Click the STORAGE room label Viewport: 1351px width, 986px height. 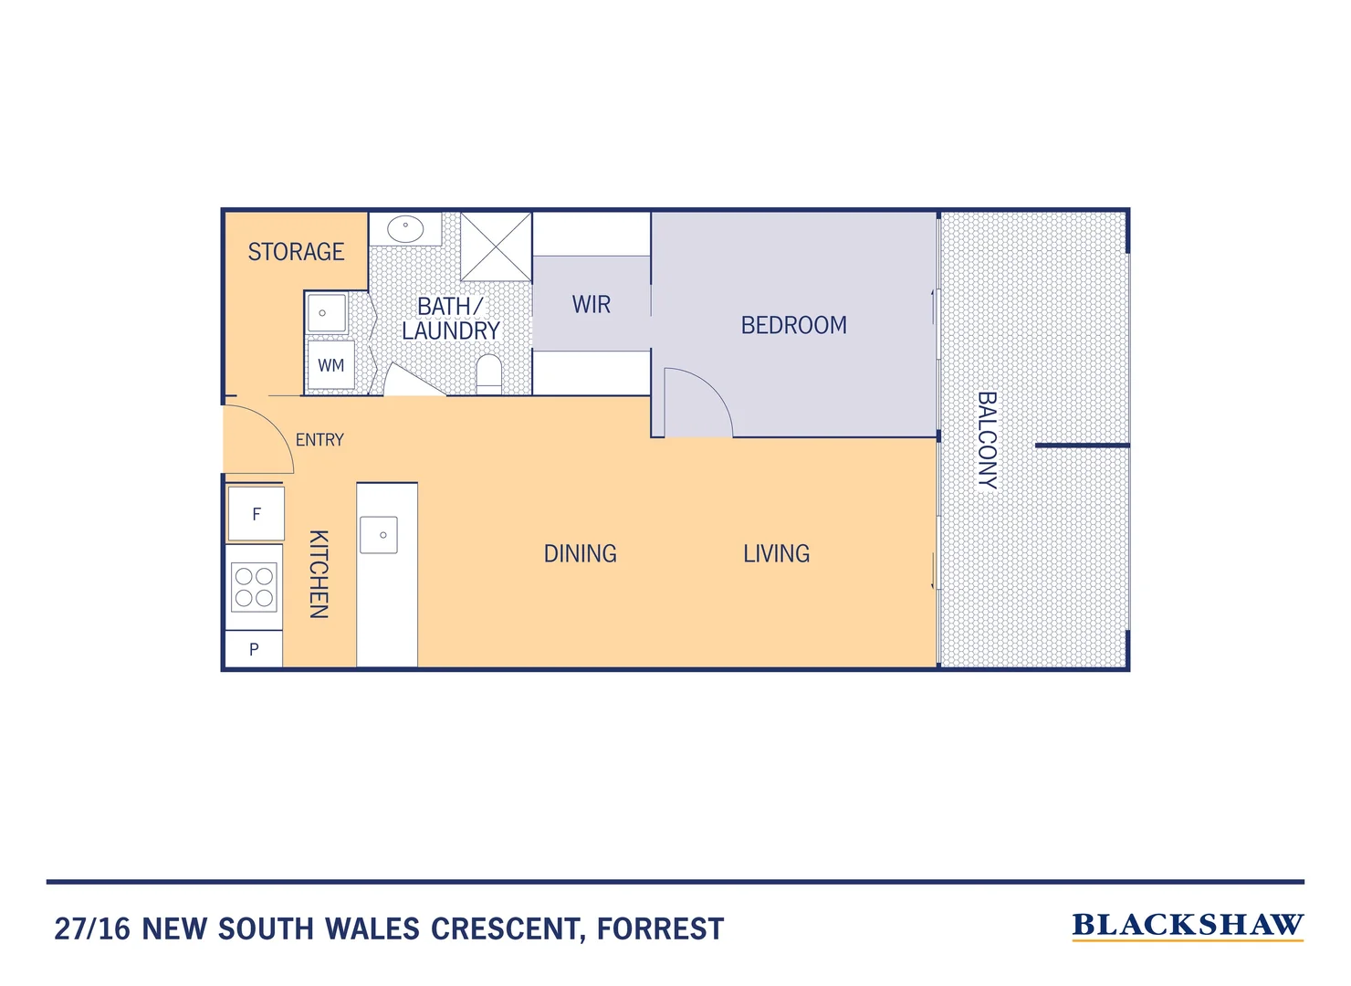[296, 252]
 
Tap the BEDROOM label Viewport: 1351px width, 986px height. [793, 325]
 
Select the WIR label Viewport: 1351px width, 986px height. [591, 305]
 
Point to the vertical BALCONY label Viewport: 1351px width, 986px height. [987, 440]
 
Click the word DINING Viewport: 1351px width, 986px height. [580, 553]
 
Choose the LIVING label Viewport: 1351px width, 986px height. [776, 553]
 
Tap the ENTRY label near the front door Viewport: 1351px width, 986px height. [319, 440]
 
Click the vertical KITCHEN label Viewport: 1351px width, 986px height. [318, 574]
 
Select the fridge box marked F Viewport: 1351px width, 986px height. [256, 514]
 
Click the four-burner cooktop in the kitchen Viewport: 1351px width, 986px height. [255, 587]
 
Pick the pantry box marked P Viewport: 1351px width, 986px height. [254, 649]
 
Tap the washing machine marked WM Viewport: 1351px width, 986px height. [330, 365]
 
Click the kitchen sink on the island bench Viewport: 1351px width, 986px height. [379, 535]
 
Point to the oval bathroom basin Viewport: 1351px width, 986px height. [405, 228]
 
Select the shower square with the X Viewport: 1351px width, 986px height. [496, 246]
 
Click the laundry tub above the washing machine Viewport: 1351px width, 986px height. [326, 313]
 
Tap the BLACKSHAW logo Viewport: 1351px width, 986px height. [1187, 925]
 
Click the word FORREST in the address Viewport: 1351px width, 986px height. [660, 929]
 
